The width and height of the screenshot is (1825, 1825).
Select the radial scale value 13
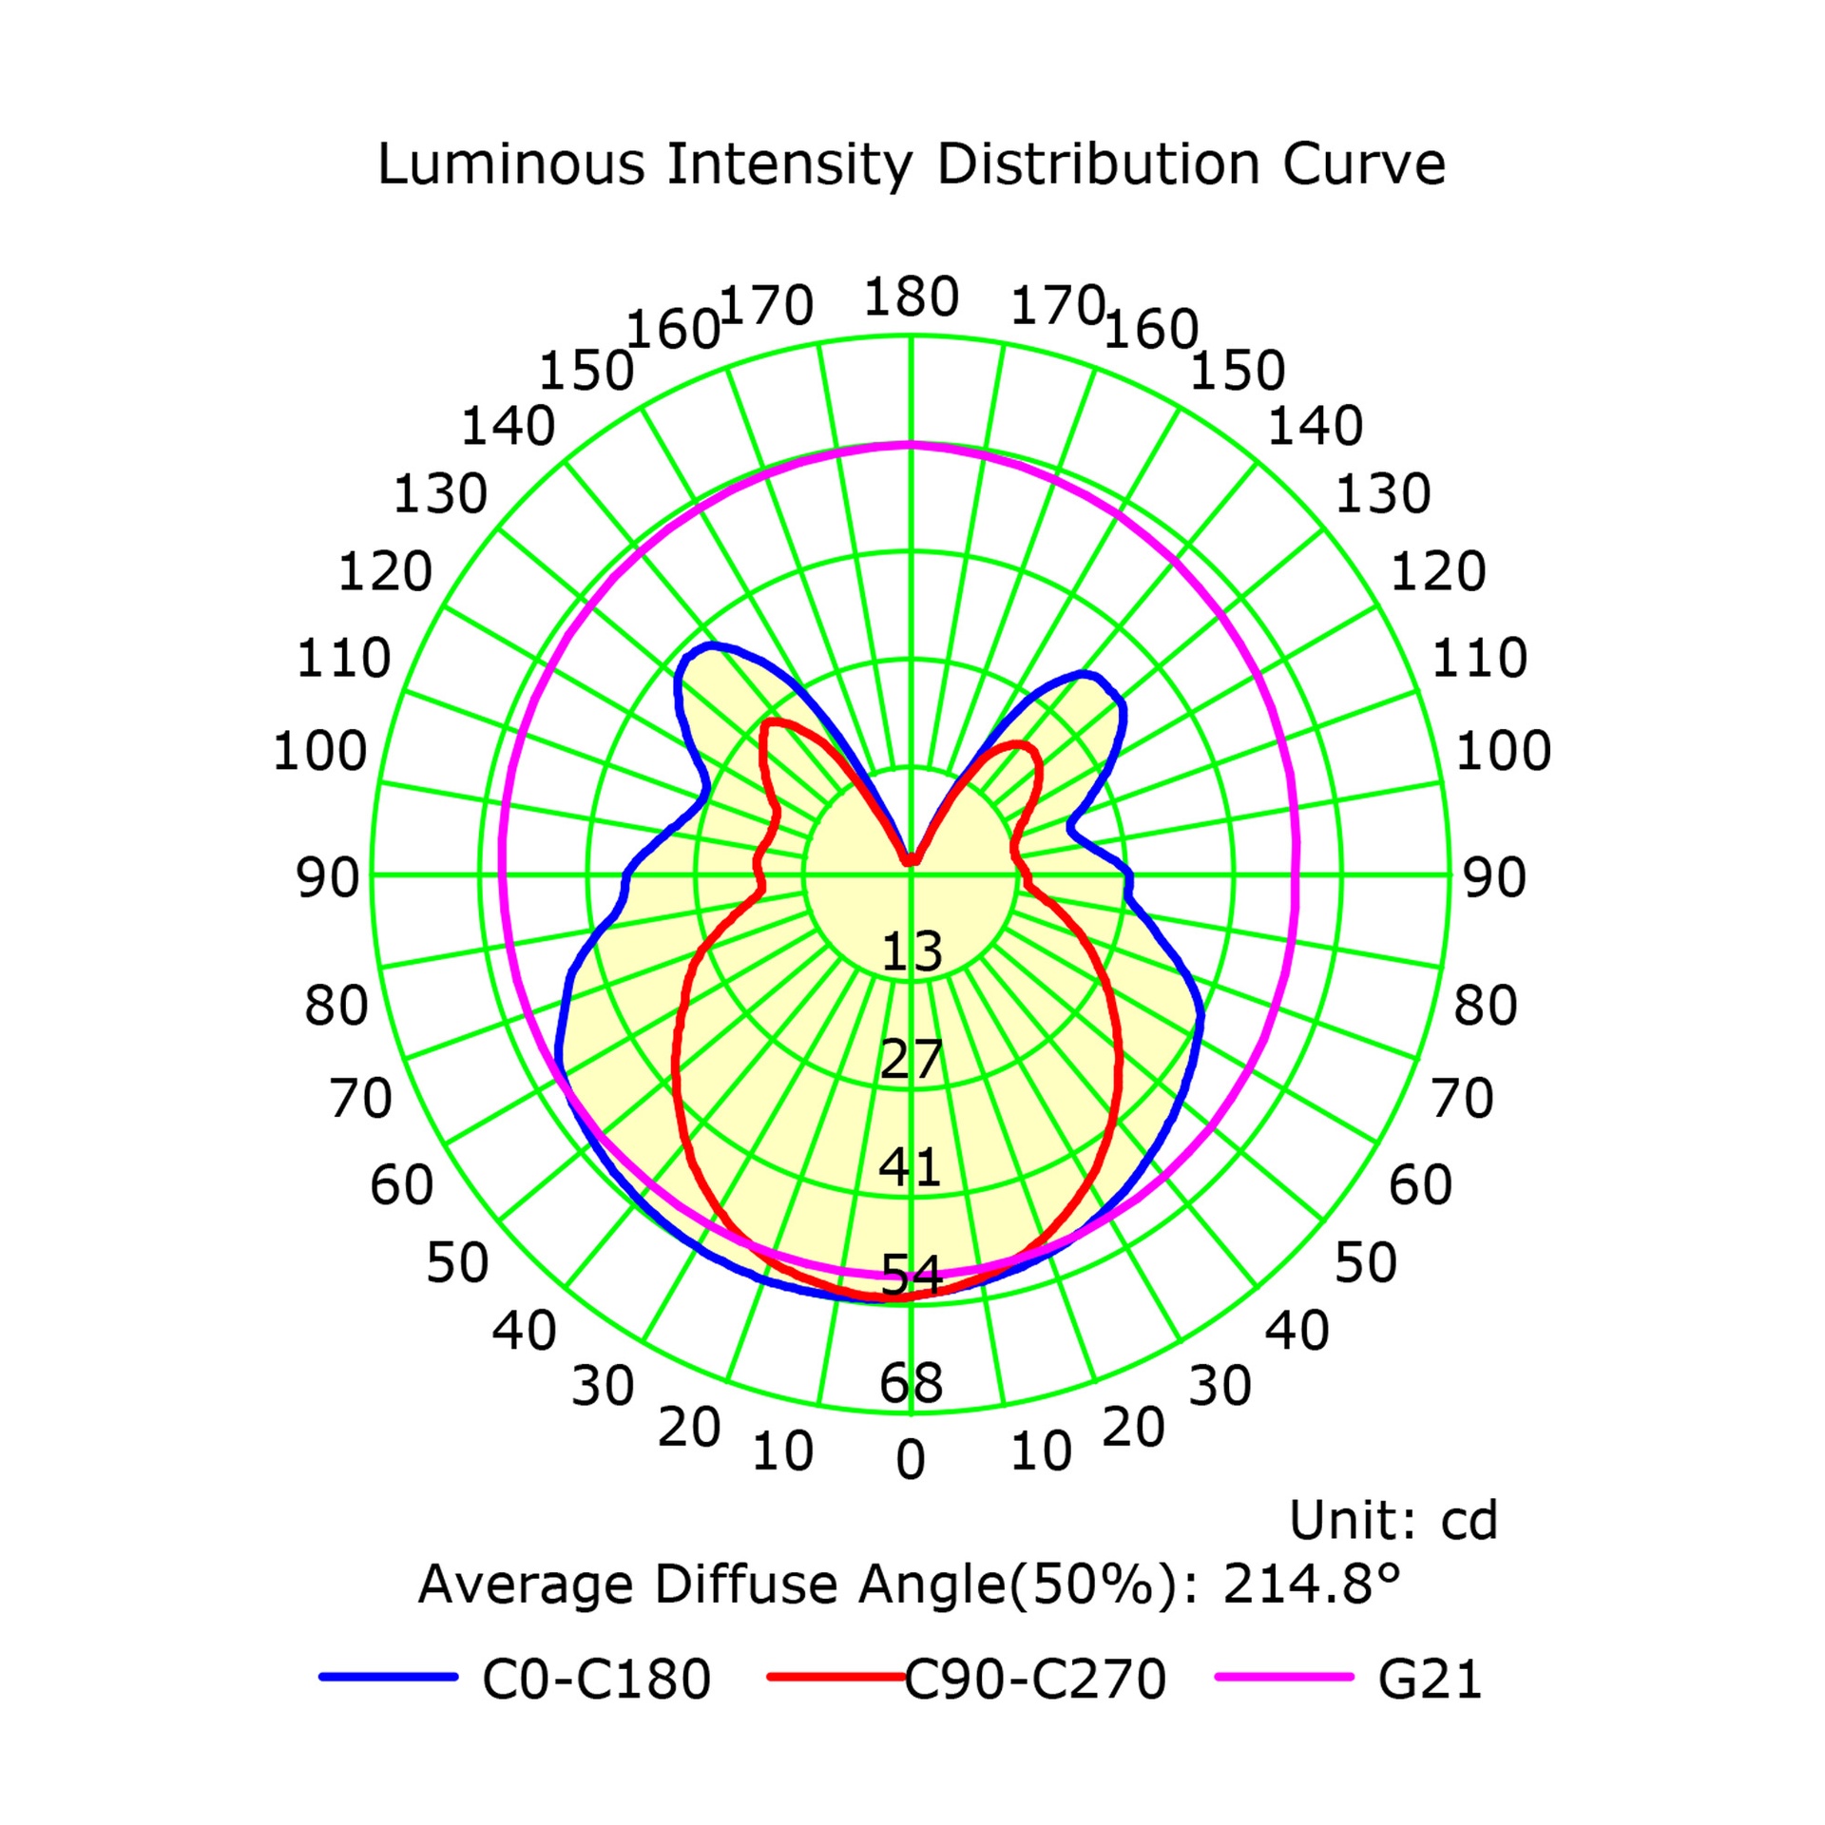(912, 951)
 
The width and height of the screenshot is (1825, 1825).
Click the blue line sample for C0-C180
(389, 1677)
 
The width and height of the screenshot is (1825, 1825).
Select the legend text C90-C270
(1035, 1679)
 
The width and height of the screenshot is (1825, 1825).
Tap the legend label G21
(1431, 1679)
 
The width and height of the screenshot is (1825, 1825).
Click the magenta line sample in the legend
(1284, 1677)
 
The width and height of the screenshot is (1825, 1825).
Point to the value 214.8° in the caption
(1311, 1584)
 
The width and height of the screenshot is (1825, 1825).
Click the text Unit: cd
(1393, 1520)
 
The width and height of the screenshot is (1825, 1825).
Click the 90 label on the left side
(328, 877)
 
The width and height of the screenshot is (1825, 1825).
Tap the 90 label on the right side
(1494, 877)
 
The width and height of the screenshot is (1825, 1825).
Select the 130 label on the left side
(440, 494)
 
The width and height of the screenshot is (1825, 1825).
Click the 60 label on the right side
(1420, 1184)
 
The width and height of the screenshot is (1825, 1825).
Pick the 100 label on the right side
(1504, 751)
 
